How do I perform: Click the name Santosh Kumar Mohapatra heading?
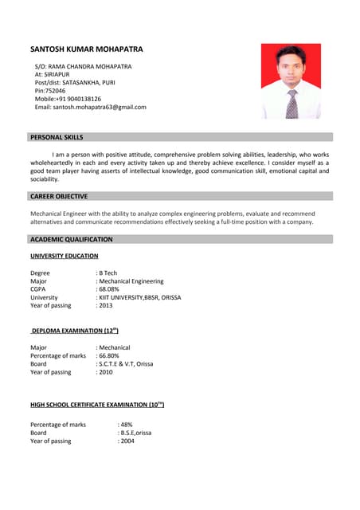coord(87,49)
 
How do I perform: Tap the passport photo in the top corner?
coord(291,80)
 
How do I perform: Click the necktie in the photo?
coord(292,104)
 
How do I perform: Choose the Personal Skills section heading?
coord(57,137)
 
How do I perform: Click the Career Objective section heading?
coord(59,196)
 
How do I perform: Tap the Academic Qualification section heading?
coord(72,239)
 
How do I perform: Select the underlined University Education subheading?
coord(65,256)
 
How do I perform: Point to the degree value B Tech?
coord(108,273)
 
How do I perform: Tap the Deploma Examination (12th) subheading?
coord(75,330)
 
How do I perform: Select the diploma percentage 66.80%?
coord(109,355)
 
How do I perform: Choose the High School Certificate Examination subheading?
coord(97,405)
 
